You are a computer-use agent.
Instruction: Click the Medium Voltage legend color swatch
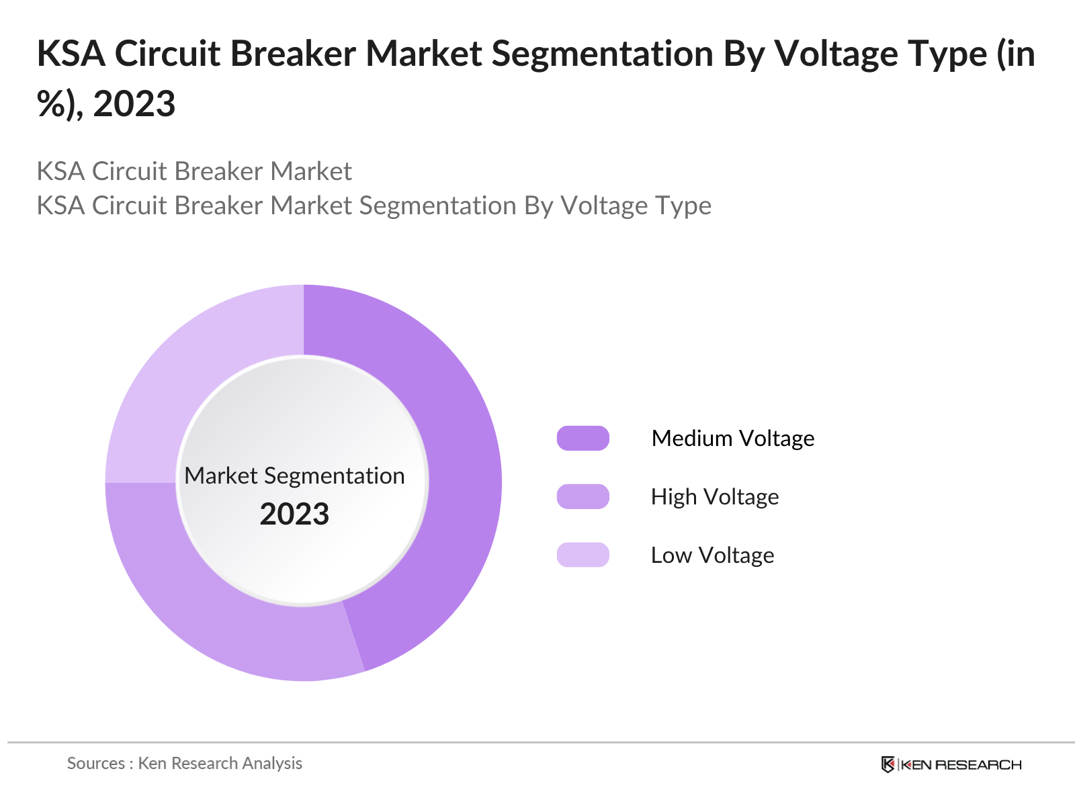coord(583,438)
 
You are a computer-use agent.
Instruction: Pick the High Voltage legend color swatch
coord(583,496)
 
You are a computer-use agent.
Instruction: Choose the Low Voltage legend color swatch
coord(583,555)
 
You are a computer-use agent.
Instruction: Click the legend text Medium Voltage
coord(732,438)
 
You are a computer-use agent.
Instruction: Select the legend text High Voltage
coord(714,496)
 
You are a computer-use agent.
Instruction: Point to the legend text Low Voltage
coord(712,555)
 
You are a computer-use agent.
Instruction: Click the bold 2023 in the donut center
coord(294,514)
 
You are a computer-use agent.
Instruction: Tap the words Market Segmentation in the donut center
coord(294,476)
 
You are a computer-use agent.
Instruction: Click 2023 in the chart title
coord(134,104)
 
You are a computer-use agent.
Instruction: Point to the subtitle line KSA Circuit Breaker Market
coord(194,171)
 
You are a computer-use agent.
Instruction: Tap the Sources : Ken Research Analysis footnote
coord(185,763)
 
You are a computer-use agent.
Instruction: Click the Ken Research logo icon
coord(888,764)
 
